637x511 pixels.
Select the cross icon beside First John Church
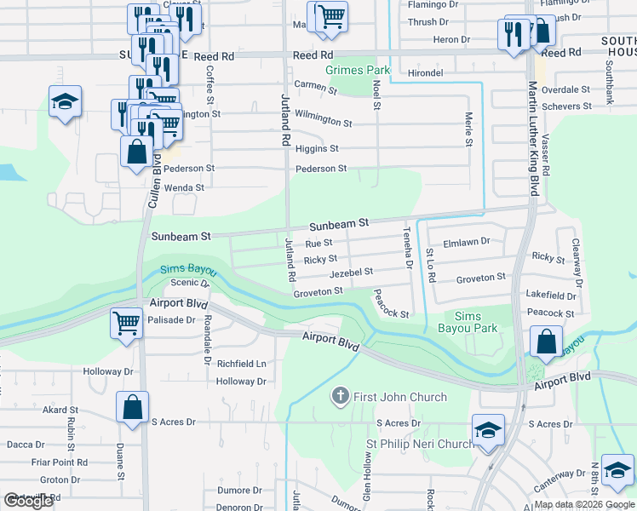point(341,396)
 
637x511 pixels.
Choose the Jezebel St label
point(351,273)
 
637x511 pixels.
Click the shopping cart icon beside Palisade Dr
point(127,324)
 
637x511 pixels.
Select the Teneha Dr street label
point(408,248)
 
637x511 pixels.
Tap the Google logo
point(29,501)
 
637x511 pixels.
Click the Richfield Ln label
point(242,363)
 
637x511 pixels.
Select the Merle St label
point(468,128)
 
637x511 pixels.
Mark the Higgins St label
point(316,148)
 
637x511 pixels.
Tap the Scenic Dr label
point(184,283)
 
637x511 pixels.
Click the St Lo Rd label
point(430,265)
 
